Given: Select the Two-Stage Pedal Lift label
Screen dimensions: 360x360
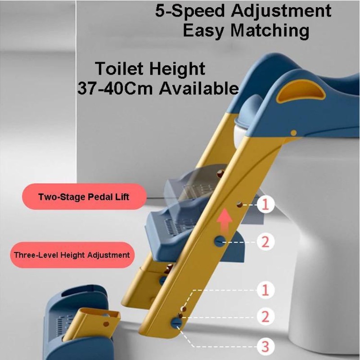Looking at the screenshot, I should (x=84, y=197).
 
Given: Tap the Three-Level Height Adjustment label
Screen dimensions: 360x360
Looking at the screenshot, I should (x=72, y=255).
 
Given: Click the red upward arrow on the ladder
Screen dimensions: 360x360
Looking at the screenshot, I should (x=225, y=220).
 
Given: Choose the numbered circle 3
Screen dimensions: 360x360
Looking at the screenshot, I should (x=265, y=346).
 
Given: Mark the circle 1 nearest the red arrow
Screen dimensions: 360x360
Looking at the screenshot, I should (x=265, y=205).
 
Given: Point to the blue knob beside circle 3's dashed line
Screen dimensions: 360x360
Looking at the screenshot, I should (x=176, y=323).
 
